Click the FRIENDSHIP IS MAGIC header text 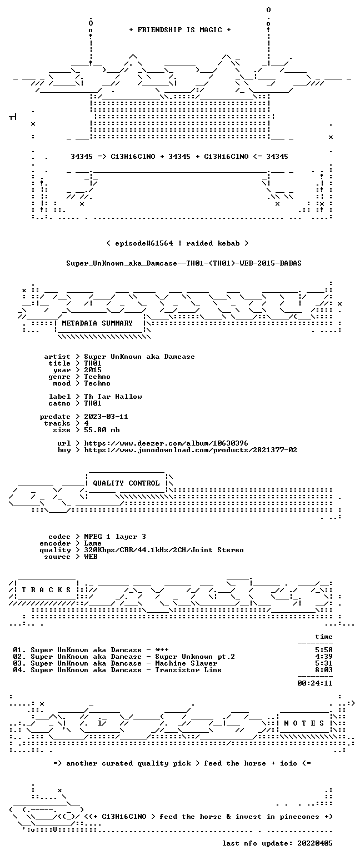[x=180, y=30]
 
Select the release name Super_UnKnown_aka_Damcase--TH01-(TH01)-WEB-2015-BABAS [x=184, y=263]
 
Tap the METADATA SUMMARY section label [x=97, y=323]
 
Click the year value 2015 [x=93, y=370]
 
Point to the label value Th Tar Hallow [x=113, y=397]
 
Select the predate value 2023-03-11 [x=106, y=417]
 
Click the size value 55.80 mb [x=102, y=430]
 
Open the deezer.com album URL [x=166, y=443]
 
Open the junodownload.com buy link [x=191, y=450]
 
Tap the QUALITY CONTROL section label [x=126, y=483]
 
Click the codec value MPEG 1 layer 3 [x=115, y=537]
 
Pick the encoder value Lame [x=93, y=544]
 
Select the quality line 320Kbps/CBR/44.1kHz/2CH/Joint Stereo [x=164, y=550]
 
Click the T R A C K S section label [x=47, y=590]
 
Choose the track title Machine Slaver [x=186, y=663]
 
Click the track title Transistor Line [x=188, y=670]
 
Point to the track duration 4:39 [x=323, y=657]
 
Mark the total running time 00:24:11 [x=314, y=683]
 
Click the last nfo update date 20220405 [x=314, y=843]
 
